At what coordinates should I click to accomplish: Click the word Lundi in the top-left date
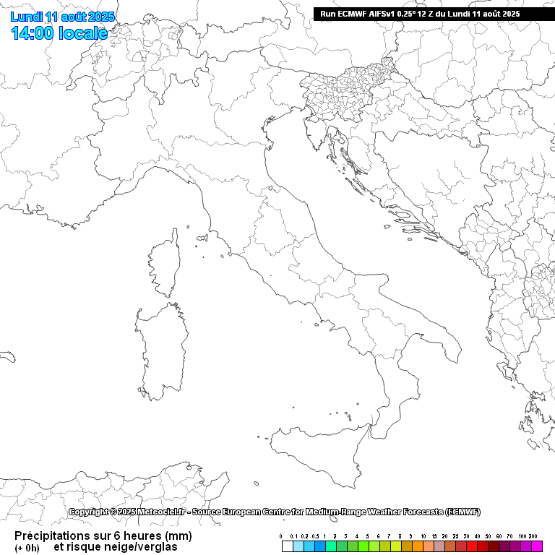pyautogui.click(x=26, y=17)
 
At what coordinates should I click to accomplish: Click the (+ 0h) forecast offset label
pyautogui.click(x=27, y=548)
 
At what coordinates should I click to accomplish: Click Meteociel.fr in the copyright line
pyautogui.click(x=161, y=512)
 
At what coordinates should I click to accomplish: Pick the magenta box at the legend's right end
pyautogui.click(x=537, y=546)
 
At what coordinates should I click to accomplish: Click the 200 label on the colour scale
pyautogui.click(x=533, y=536)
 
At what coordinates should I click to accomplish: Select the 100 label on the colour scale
pyautogui.click(x=522, y=536)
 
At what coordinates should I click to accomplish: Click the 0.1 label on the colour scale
pyautogui.click(x=293, y=536)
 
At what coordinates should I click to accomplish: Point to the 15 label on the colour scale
pyautogui.click(x=434, y=536)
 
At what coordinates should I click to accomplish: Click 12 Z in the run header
pyautogui.click(x=419, y=14)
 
